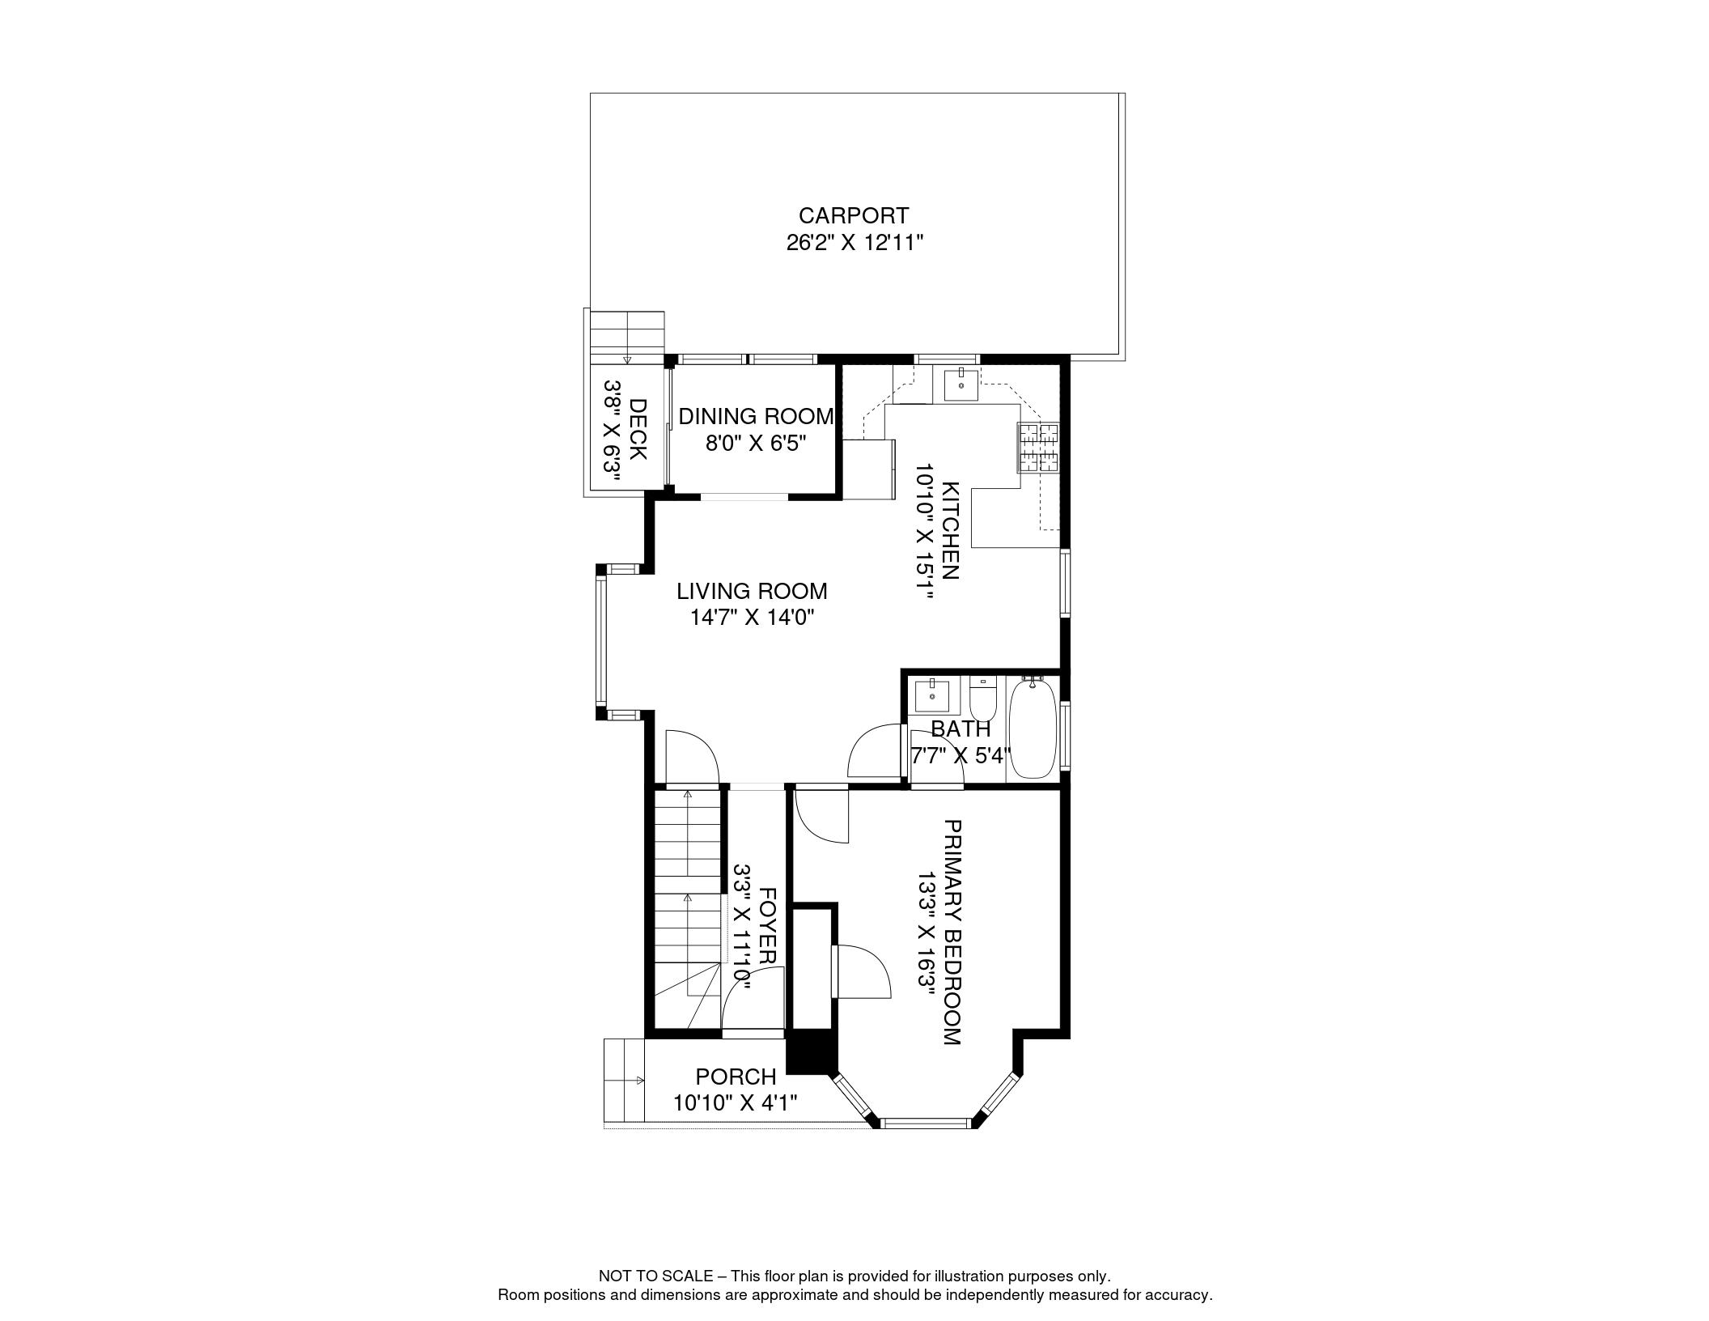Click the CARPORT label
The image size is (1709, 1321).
pyautogui.click(x=854, y=216)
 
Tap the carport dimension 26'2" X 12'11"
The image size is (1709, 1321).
pyautogui.click(x=854, y=243)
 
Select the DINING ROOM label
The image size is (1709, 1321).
pyautogui.click(x=756, y=416)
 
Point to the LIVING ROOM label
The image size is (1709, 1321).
pyautogui.click(x=752, y=592)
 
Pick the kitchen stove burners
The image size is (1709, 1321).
pyautogui.click(x=1038, y=448)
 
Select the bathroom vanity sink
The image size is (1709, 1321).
pyautogui.click(x=932, y=695)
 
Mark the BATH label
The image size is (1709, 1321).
pyautogui.click(x=961, y=728)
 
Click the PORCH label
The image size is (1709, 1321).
pyautogui.click(x=736, y=1077)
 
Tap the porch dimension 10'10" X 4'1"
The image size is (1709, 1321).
pyautogui.click(x=736, y=1102)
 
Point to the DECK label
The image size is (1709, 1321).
pyautogui.click(x=638, y=429)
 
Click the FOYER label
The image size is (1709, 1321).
pyautogui.click(x=768, y=926)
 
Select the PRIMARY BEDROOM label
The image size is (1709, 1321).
pyautogui.click(x=952, y=932)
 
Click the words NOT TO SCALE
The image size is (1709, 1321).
pyautogui.click(x=655, y=1276)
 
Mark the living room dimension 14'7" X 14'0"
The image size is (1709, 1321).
pyautogui.click(x=752, y=618)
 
